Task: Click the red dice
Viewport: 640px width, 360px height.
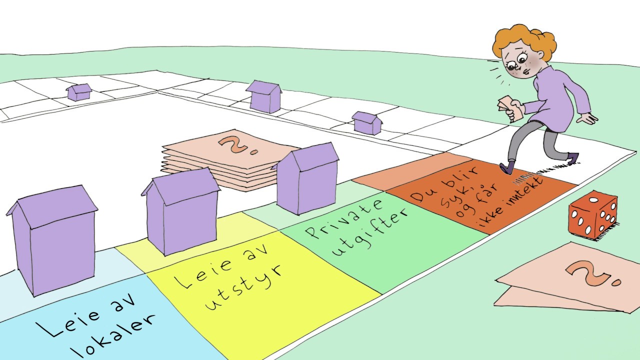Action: click(x=592, y=215)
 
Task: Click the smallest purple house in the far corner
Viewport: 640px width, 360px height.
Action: click(x=79, y=92)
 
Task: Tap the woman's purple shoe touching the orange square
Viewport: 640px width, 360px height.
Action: click(x=507, y=168)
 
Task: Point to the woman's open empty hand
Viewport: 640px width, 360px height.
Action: click(x=586, y=117)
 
